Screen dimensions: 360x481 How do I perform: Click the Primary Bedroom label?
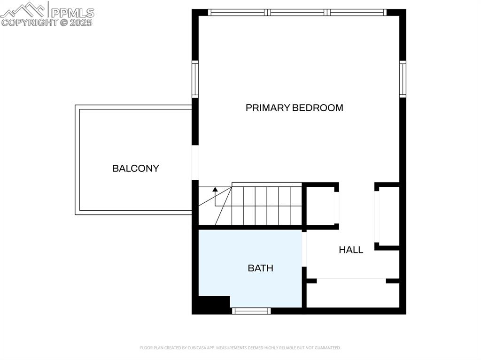click(294, 108)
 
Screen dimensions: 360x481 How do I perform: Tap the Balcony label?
click(135, 169)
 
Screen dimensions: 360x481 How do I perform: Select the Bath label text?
click(260, 268)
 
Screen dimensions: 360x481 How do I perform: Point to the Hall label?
click(351, 250)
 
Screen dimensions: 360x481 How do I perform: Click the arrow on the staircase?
click(215, 190)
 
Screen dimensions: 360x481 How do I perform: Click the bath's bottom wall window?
click(252, 311)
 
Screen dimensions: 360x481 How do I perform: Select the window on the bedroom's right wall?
click(403, 78)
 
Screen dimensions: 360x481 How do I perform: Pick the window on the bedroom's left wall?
click(194, 78)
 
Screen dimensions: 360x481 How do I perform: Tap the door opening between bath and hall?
click(304, 249)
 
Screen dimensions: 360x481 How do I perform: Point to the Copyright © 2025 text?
click(47, 23)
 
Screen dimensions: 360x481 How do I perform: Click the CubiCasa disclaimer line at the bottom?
click(240, 348)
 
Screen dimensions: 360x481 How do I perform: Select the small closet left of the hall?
click(320, 206)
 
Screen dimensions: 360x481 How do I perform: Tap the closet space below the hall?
click(352, 294)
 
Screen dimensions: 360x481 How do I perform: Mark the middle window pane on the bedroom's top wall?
click(297, 13)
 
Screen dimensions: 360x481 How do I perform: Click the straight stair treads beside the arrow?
click(266, 206)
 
